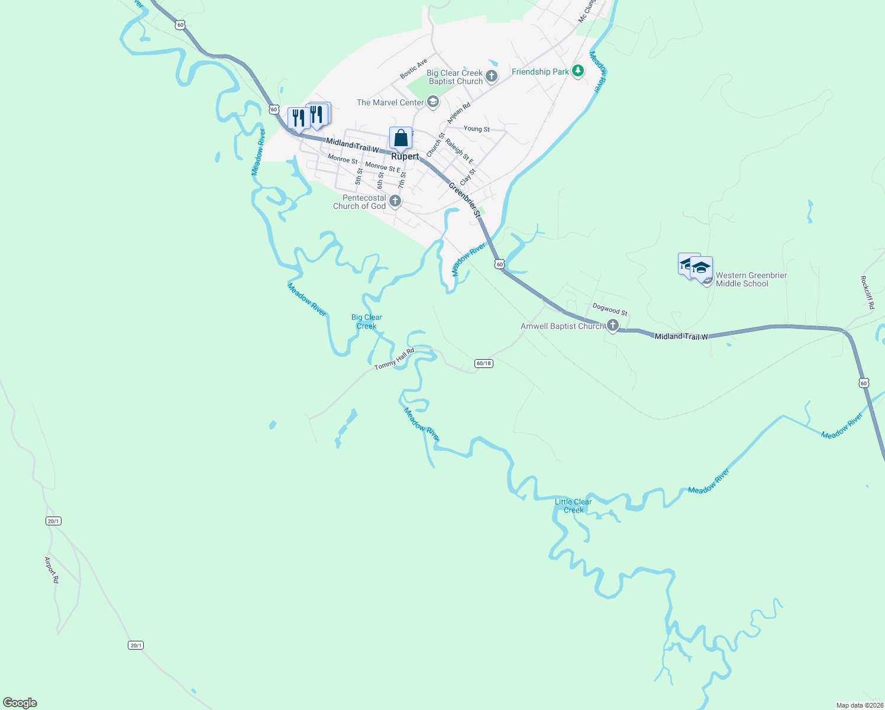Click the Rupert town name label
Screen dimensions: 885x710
point(405,157)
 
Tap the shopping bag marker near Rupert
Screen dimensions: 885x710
point(400,138)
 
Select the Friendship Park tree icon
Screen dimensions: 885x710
point(578,72)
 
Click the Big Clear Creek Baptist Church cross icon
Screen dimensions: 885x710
point(491,76)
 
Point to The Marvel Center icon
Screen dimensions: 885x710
point(432,102)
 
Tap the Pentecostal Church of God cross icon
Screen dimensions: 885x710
point(395,202)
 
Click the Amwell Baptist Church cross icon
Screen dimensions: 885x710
point(613,325)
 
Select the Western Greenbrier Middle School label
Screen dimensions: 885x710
point(751,279)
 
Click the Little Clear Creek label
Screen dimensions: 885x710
point(573,506)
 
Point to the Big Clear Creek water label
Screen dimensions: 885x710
point(367,321)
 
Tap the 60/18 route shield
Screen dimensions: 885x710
point(483,363)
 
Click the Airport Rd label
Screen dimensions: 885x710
point(52,570)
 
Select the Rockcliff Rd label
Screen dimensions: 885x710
point(867,293)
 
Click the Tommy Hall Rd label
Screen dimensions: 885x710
point(394,359)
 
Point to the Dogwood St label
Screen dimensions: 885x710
point(610,309)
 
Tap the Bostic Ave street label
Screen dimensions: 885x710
point(414,69)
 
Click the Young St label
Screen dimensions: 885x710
point(477,128)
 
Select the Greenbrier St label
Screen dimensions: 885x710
point(464,199)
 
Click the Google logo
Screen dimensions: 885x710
point(20,703)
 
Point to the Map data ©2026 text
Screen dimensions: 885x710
point(859,705)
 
